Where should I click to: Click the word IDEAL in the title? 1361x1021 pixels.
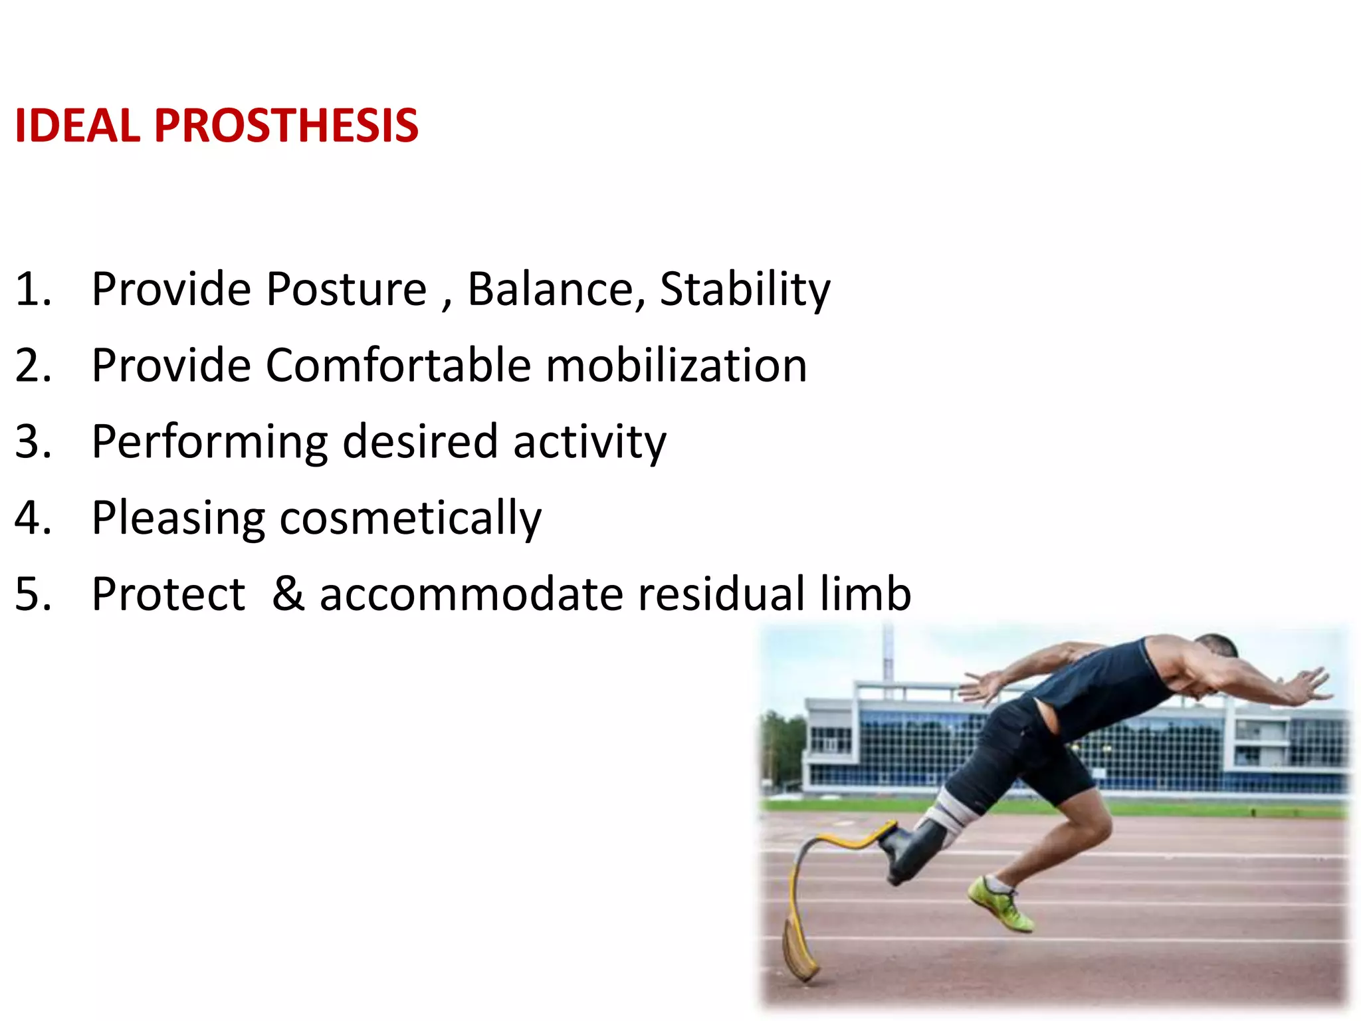pyautogui.click(x=77, y=126)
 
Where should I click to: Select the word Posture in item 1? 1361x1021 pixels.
pyautogui.click(x=346, y=290)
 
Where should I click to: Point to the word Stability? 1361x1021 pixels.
pyautogui.click(x=744, y=290)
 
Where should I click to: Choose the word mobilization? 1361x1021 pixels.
pyautogui.click(x=676, y=366)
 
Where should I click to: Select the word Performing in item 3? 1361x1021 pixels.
pyautogui.click(x=209, y=442)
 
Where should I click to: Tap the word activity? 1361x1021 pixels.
pyautogui.click(x=589, y=442)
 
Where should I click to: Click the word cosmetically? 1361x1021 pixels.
pyautogui.click(x=410, y=518)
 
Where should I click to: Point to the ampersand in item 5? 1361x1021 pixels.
pyautogui.click(x=288, y=594)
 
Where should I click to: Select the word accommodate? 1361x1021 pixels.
pyautogui.click(x=471, y=594)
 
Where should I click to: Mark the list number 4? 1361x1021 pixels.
pyautogui.click(x=32, y=518)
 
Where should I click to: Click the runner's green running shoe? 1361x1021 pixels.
pyautogui.click(x=1000, y=904)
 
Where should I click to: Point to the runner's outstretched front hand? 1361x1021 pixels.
pyautogui.click(x=1312, y=685)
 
